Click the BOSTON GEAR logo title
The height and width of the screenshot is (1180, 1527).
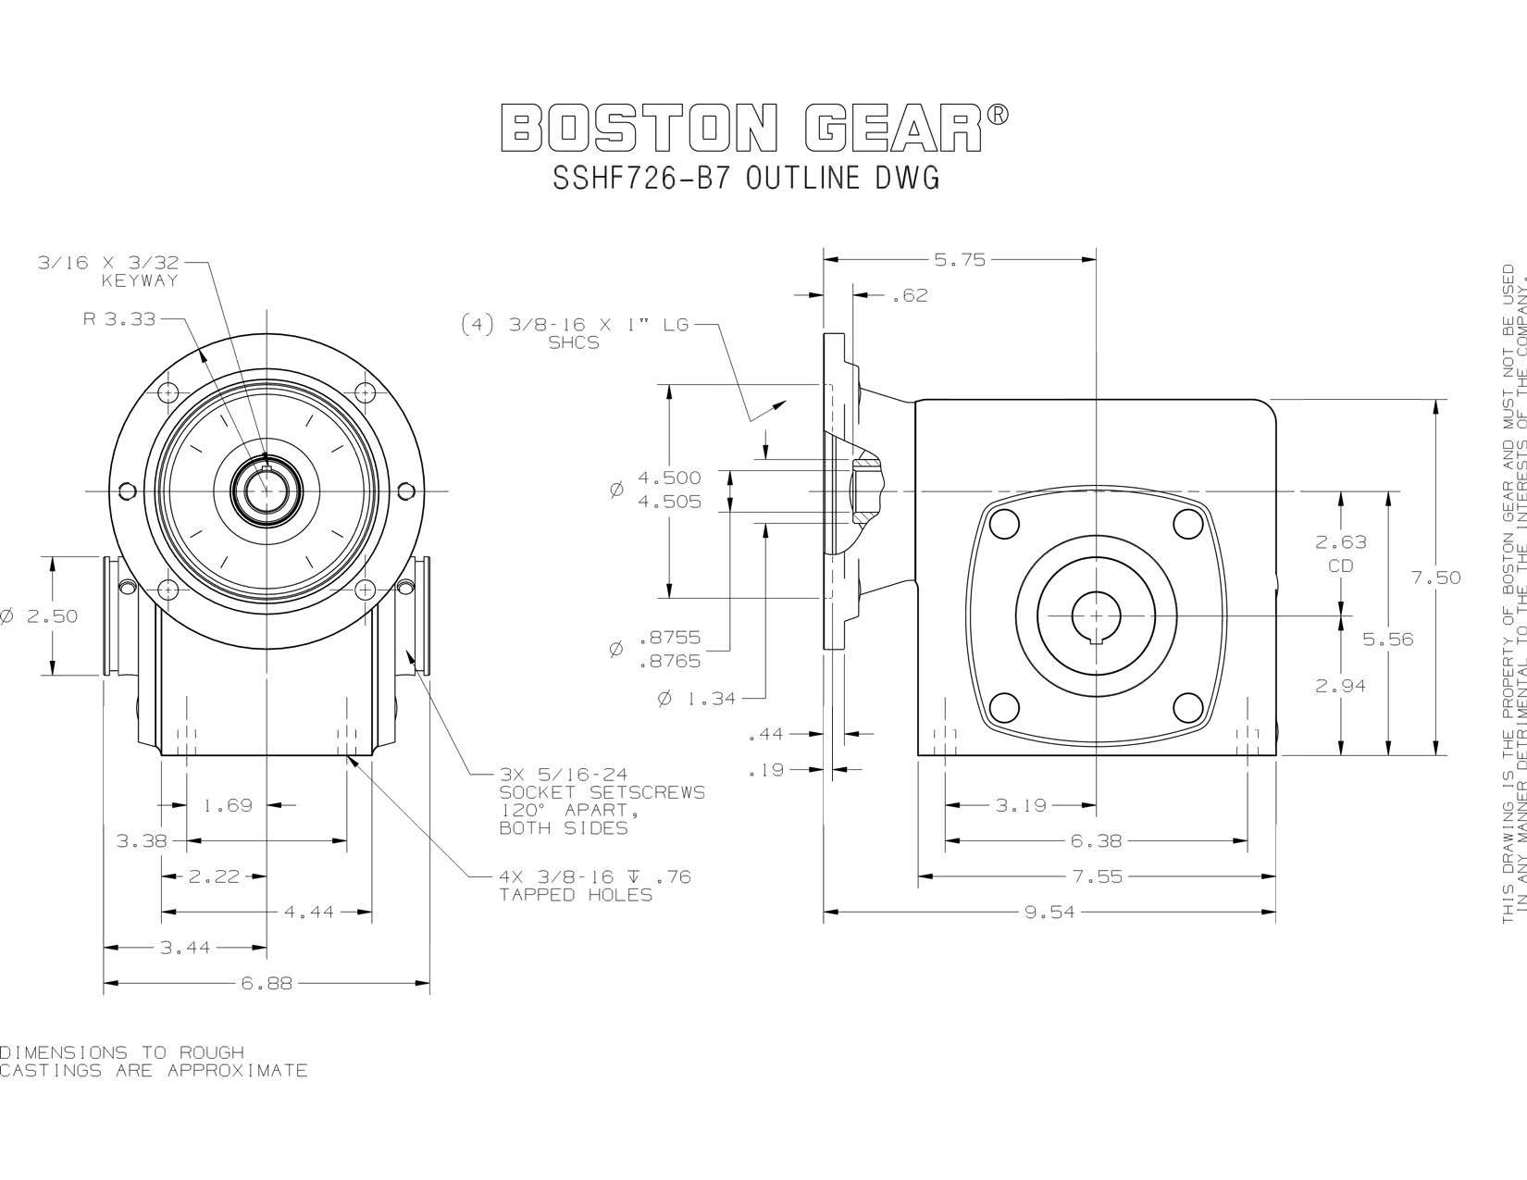(754, 129)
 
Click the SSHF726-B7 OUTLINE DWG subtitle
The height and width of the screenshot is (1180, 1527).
(746, 179)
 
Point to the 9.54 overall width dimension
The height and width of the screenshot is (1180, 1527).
(1049, 913)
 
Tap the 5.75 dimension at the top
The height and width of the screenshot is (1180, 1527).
(960, 261)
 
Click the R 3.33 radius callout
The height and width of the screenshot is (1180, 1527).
(119, 320)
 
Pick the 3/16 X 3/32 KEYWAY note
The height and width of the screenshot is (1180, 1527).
(108, 271)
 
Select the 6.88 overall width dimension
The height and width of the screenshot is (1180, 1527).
(267, 984)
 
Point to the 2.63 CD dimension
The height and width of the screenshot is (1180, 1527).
(1340, 553)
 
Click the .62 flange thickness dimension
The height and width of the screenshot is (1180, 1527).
(909, 296)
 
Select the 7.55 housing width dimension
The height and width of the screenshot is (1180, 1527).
(1099, 876)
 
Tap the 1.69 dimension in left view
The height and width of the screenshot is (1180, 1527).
(228, 806)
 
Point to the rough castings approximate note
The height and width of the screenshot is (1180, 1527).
(153, 1062)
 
